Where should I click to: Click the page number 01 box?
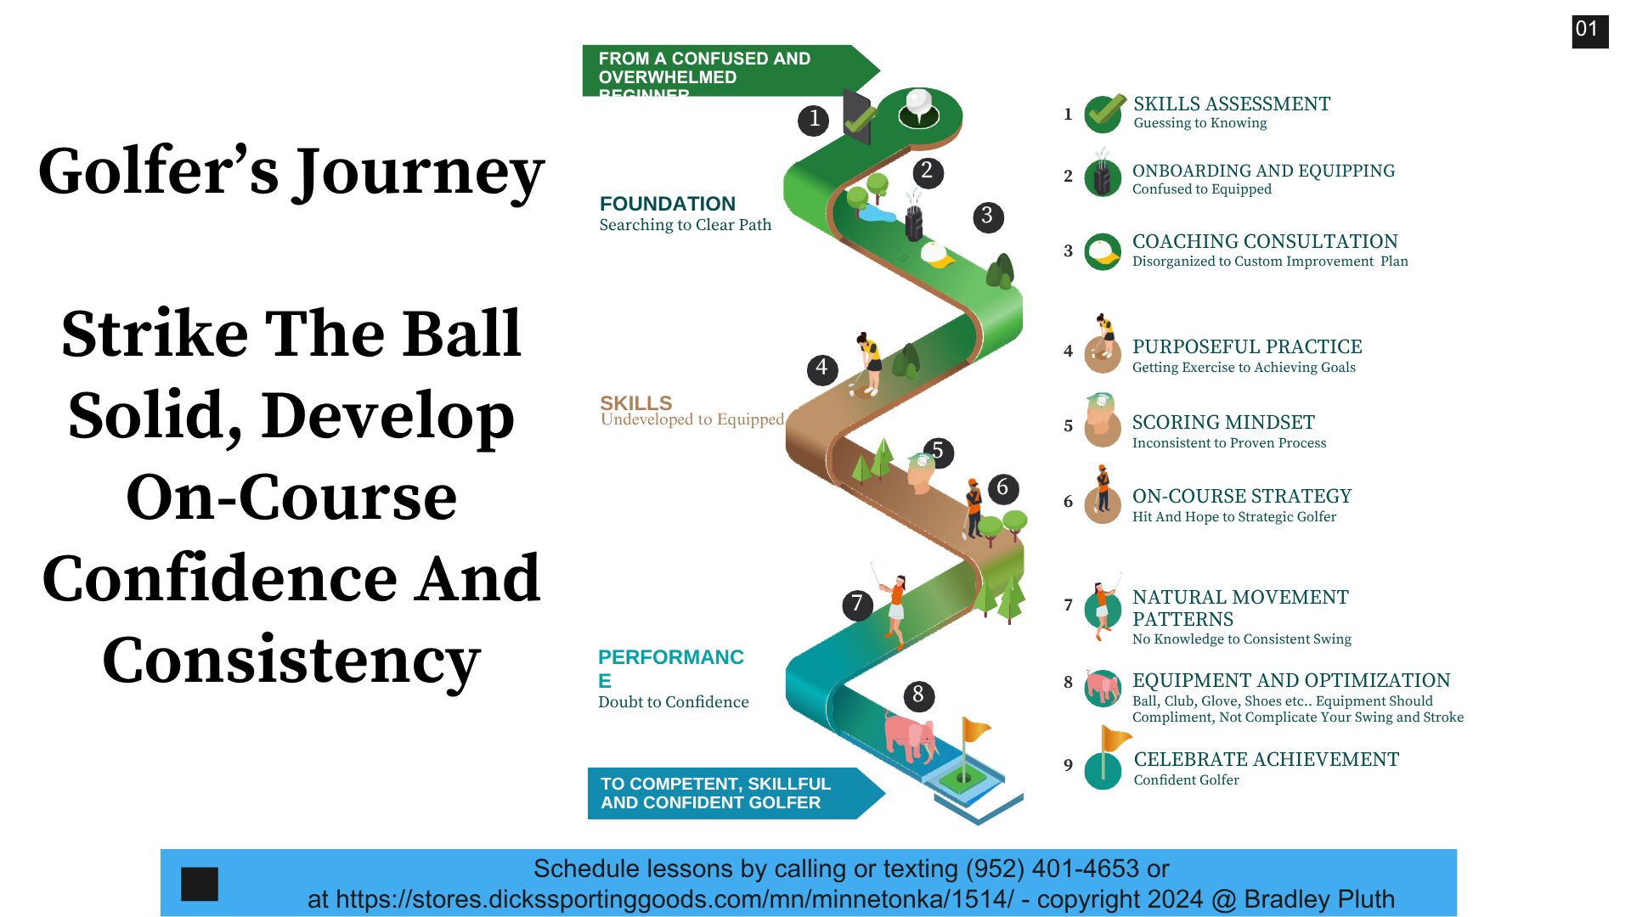pyautogui.click(x=1589, y=31)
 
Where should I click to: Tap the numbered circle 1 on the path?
pyautogui.click(x=814, y=120)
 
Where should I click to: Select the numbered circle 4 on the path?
pyautogui.click(x=821, y=368)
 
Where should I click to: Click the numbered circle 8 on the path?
pyautogui.click(x=918, y=695)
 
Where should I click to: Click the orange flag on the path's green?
pyautogui.click(x=976, y=729)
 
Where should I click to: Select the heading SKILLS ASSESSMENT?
pyautogui.click(x=1232, y=104)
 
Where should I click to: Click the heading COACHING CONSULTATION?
pyautogui.click(x=1265, y=241)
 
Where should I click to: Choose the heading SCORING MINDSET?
pyautogui.click(x=1223, y=422)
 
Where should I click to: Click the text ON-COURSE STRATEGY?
pyautogui.click(x=1242, y=496)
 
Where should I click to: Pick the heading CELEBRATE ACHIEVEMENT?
pyautogui.click(x=1267, y=759)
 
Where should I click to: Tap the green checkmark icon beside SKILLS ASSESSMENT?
pyautogui.click(x=1104, y=113)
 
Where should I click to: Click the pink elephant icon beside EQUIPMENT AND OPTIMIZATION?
pyautogui.click(x=1103, y=687)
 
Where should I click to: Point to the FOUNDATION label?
pyautogui.click(x=668, y=204)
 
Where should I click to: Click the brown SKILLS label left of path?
pyautogui.click(x=635, y=402)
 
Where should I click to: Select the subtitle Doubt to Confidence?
pyautogui.click(x=674, y=702)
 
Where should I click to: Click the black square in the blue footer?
pyautogui.click(x=200, y=884)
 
